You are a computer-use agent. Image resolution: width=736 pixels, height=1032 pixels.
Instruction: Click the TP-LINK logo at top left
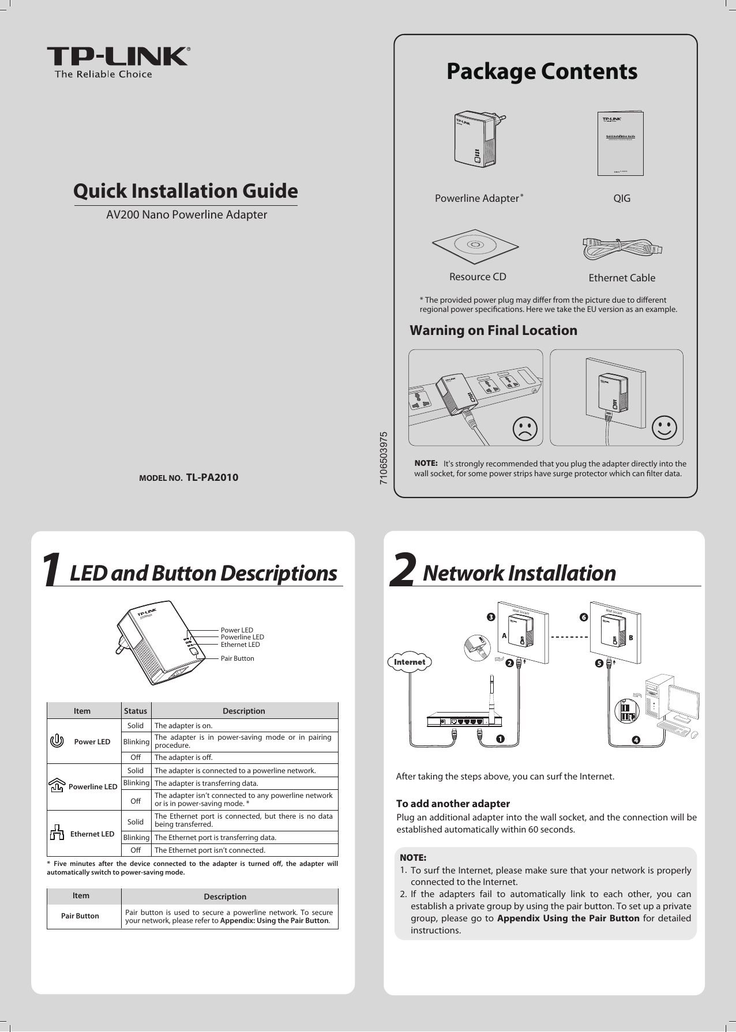click(x=118, y=61)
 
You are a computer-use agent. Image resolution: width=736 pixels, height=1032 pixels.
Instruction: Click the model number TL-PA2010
click(x=212, y=477)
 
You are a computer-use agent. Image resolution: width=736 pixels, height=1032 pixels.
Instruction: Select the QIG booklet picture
click(x=619, y=143)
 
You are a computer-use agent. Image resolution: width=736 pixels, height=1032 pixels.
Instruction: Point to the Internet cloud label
click(x=409, y=662)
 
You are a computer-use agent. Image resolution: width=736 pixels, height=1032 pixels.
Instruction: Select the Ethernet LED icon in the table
click(x=57, y=833)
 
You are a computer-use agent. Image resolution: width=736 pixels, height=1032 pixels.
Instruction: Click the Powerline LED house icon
click(x=57, y=785)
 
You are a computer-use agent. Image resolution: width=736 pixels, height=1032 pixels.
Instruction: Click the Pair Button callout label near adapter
click(x=238, y=658)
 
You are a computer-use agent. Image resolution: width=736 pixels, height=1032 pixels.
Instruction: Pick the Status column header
click(x=136, y=711)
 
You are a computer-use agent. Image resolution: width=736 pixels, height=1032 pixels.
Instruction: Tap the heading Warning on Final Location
click(x=493, y=330)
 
